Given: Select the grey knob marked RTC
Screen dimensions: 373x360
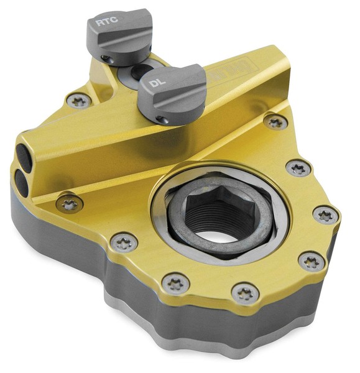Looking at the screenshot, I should point(121,34).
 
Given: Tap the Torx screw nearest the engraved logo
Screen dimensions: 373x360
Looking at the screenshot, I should point(274,122).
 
